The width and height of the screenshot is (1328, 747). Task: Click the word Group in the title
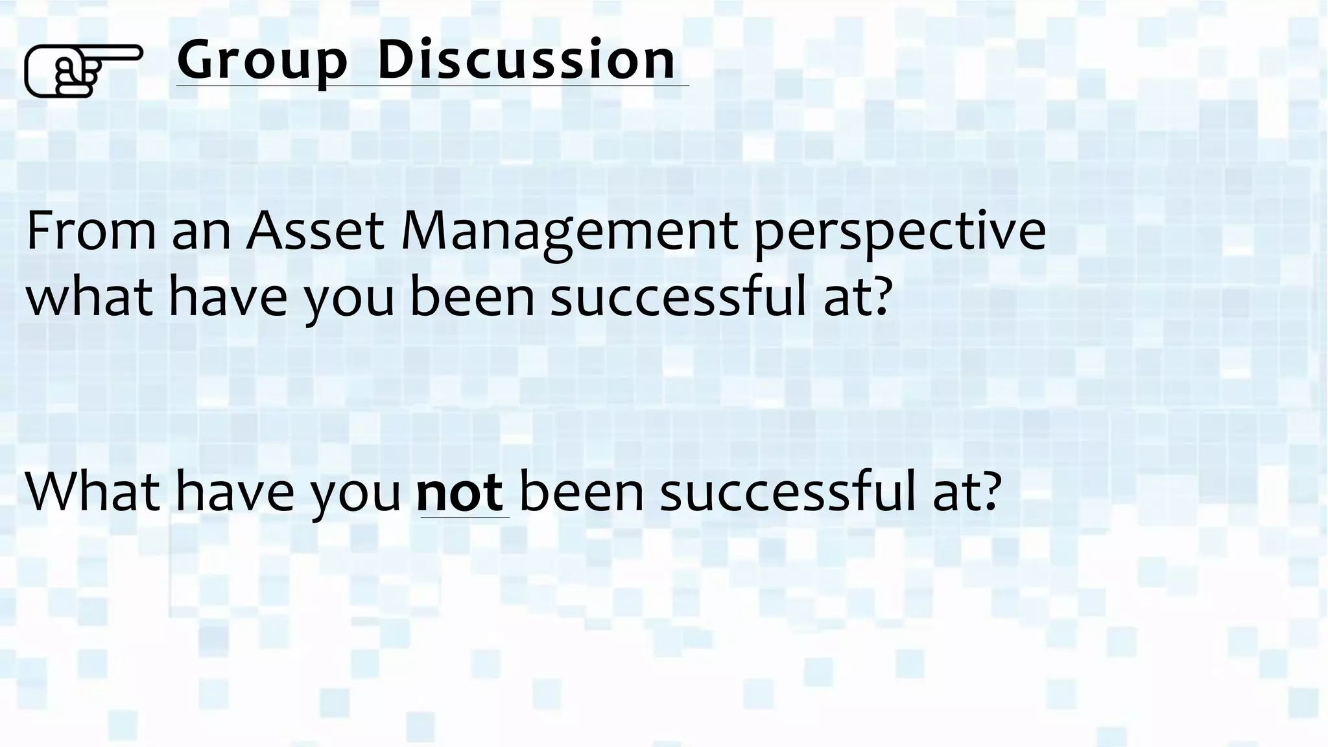(262, 61)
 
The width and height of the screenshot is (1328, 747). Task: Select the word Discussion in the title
(526, 60)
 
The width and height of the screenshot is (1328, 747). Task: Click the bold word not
(460, 492)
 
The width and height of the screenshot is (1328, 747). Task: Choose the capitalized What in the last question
(92, 491)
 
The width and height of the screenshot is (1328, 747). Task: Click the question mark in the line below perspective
(880, 297)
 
